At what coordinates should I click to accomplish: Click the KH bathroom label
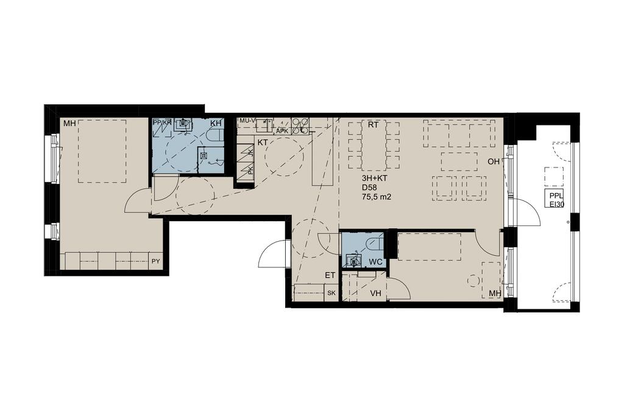tap(216, 123)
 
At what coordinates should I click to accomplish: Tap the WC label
tap(375, 262)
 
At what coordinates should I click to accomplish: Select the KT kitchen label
tap(262, 142)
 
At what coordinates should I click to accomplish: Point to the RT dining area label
tap(373, 125)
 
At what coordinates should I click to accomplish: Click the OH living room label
tap(494, 161)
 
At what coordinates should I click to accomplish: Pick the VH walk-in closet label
tap(375, 294)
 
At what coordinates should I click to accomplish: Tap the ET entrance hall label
tap(330, 275)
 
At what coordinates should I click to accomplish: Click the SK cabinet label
tap(331, 293)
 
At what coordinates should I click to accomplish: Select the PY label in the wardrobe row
tap(155, 261)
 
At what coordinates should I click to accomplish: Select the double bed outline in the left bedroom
tap(102, 151)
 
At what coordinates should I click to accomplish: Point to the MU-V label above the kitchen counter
tap(247, 120)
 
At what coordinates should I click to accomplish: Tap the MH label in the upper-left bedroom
tap(69, 124)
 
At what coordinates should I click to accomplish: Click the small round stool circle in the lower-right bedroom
tap(472, 280)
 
